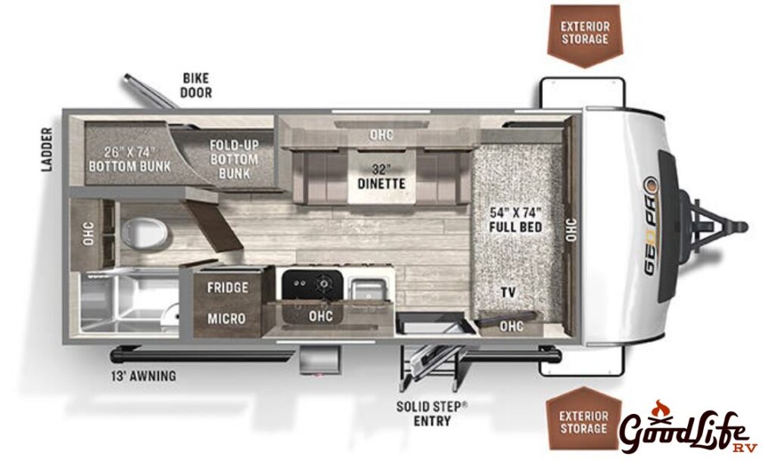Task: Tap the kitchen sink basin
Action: (x=369, y=288)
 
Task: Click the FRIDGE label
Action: (x=227, y=288)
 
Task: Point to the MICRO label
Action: (x=227, y=318)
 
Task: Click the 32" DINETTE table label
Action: (x=382, y=176)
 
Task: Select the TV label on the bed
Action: (x=509, y=292)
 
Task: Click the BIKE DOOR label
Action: (x=196, y=85)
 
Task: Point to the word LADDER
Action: (x=48, y=149)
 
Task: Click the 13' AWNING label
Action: (x=143, y=375)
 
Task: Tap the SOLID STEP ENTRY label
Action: (x=432, y=413)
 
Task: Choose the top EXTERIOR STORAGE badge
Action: (x=584, y=33)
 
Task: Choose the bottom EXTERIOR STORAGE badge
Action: (x=584, y=422)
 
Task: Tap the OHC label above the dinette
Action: (x=381, y=135)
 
